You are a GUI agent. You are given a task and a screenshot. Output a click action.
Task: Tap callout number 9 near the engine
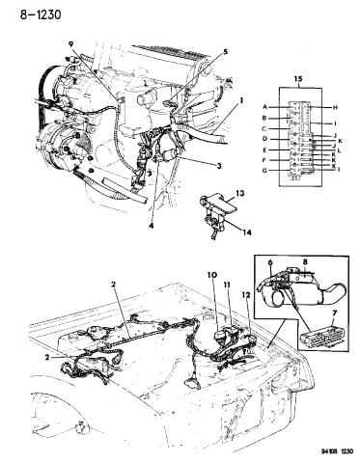(x=70, y=43)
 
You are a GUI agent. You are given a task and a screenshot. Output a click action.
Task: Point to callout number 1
(x=242, y=100)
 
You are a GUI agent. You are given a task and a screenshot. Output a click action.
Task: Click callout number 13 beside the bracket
(x=239, y=194)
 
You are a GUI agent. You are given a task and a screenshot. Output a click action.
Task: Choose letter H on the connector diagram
(x=333, y=107)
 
